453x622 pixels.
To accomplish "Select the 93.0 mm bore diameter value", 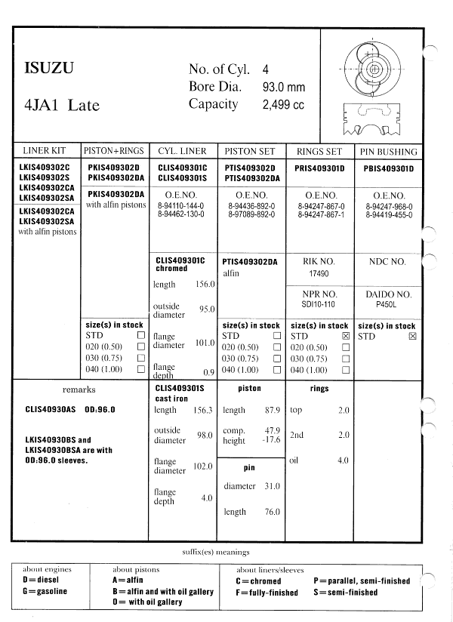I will (283, 88).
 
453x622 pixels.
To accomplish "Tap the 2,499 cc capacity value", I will (282, 105).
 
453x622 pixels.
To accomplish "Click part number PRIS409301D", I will (319, 168).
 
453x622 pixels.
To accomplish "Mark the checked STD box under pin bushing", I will (412, 335).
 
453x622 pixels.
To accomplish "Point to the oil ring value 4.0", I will (343, 460).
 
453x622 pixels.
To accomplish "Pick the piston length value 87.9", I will (272, 410).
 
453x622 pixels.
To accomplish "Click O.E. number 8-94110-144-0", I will (184, 205).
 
